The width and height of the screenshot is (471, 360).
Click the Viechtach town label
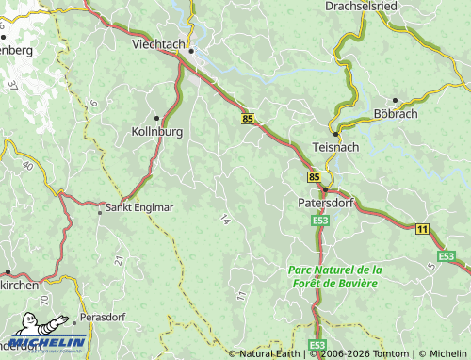(156, 44)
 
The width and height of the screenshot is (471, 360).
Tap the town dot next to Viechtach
(190, 51)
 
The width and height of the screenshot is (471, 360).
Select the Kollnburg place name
(156, 132)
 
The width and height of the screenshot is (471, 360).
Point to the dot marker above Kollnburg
(157, 118)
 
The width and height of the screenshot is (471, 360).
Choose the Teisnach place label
(334, 148)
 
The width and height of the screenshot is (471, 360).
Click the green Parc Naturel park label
(333, 276)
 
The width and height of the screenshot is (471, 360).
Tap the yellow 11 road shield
(422, 229)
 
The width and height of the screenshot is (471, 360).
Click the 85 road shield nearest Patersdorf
(313, 176)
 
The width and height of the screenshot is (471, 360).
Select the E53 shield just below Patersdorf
(319, 220)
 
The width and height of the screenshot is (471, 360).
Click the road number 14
(224, 220)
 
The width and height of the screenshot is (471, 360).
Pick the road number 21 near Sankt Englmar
(119, 259)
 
